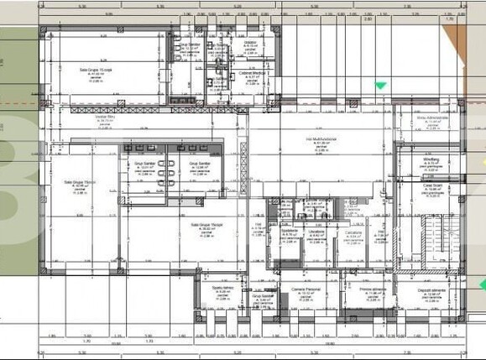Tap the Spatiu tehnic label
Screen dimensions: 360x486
(222, 289)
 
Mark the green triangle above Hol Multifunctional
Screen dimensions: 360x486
(381, 85)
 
